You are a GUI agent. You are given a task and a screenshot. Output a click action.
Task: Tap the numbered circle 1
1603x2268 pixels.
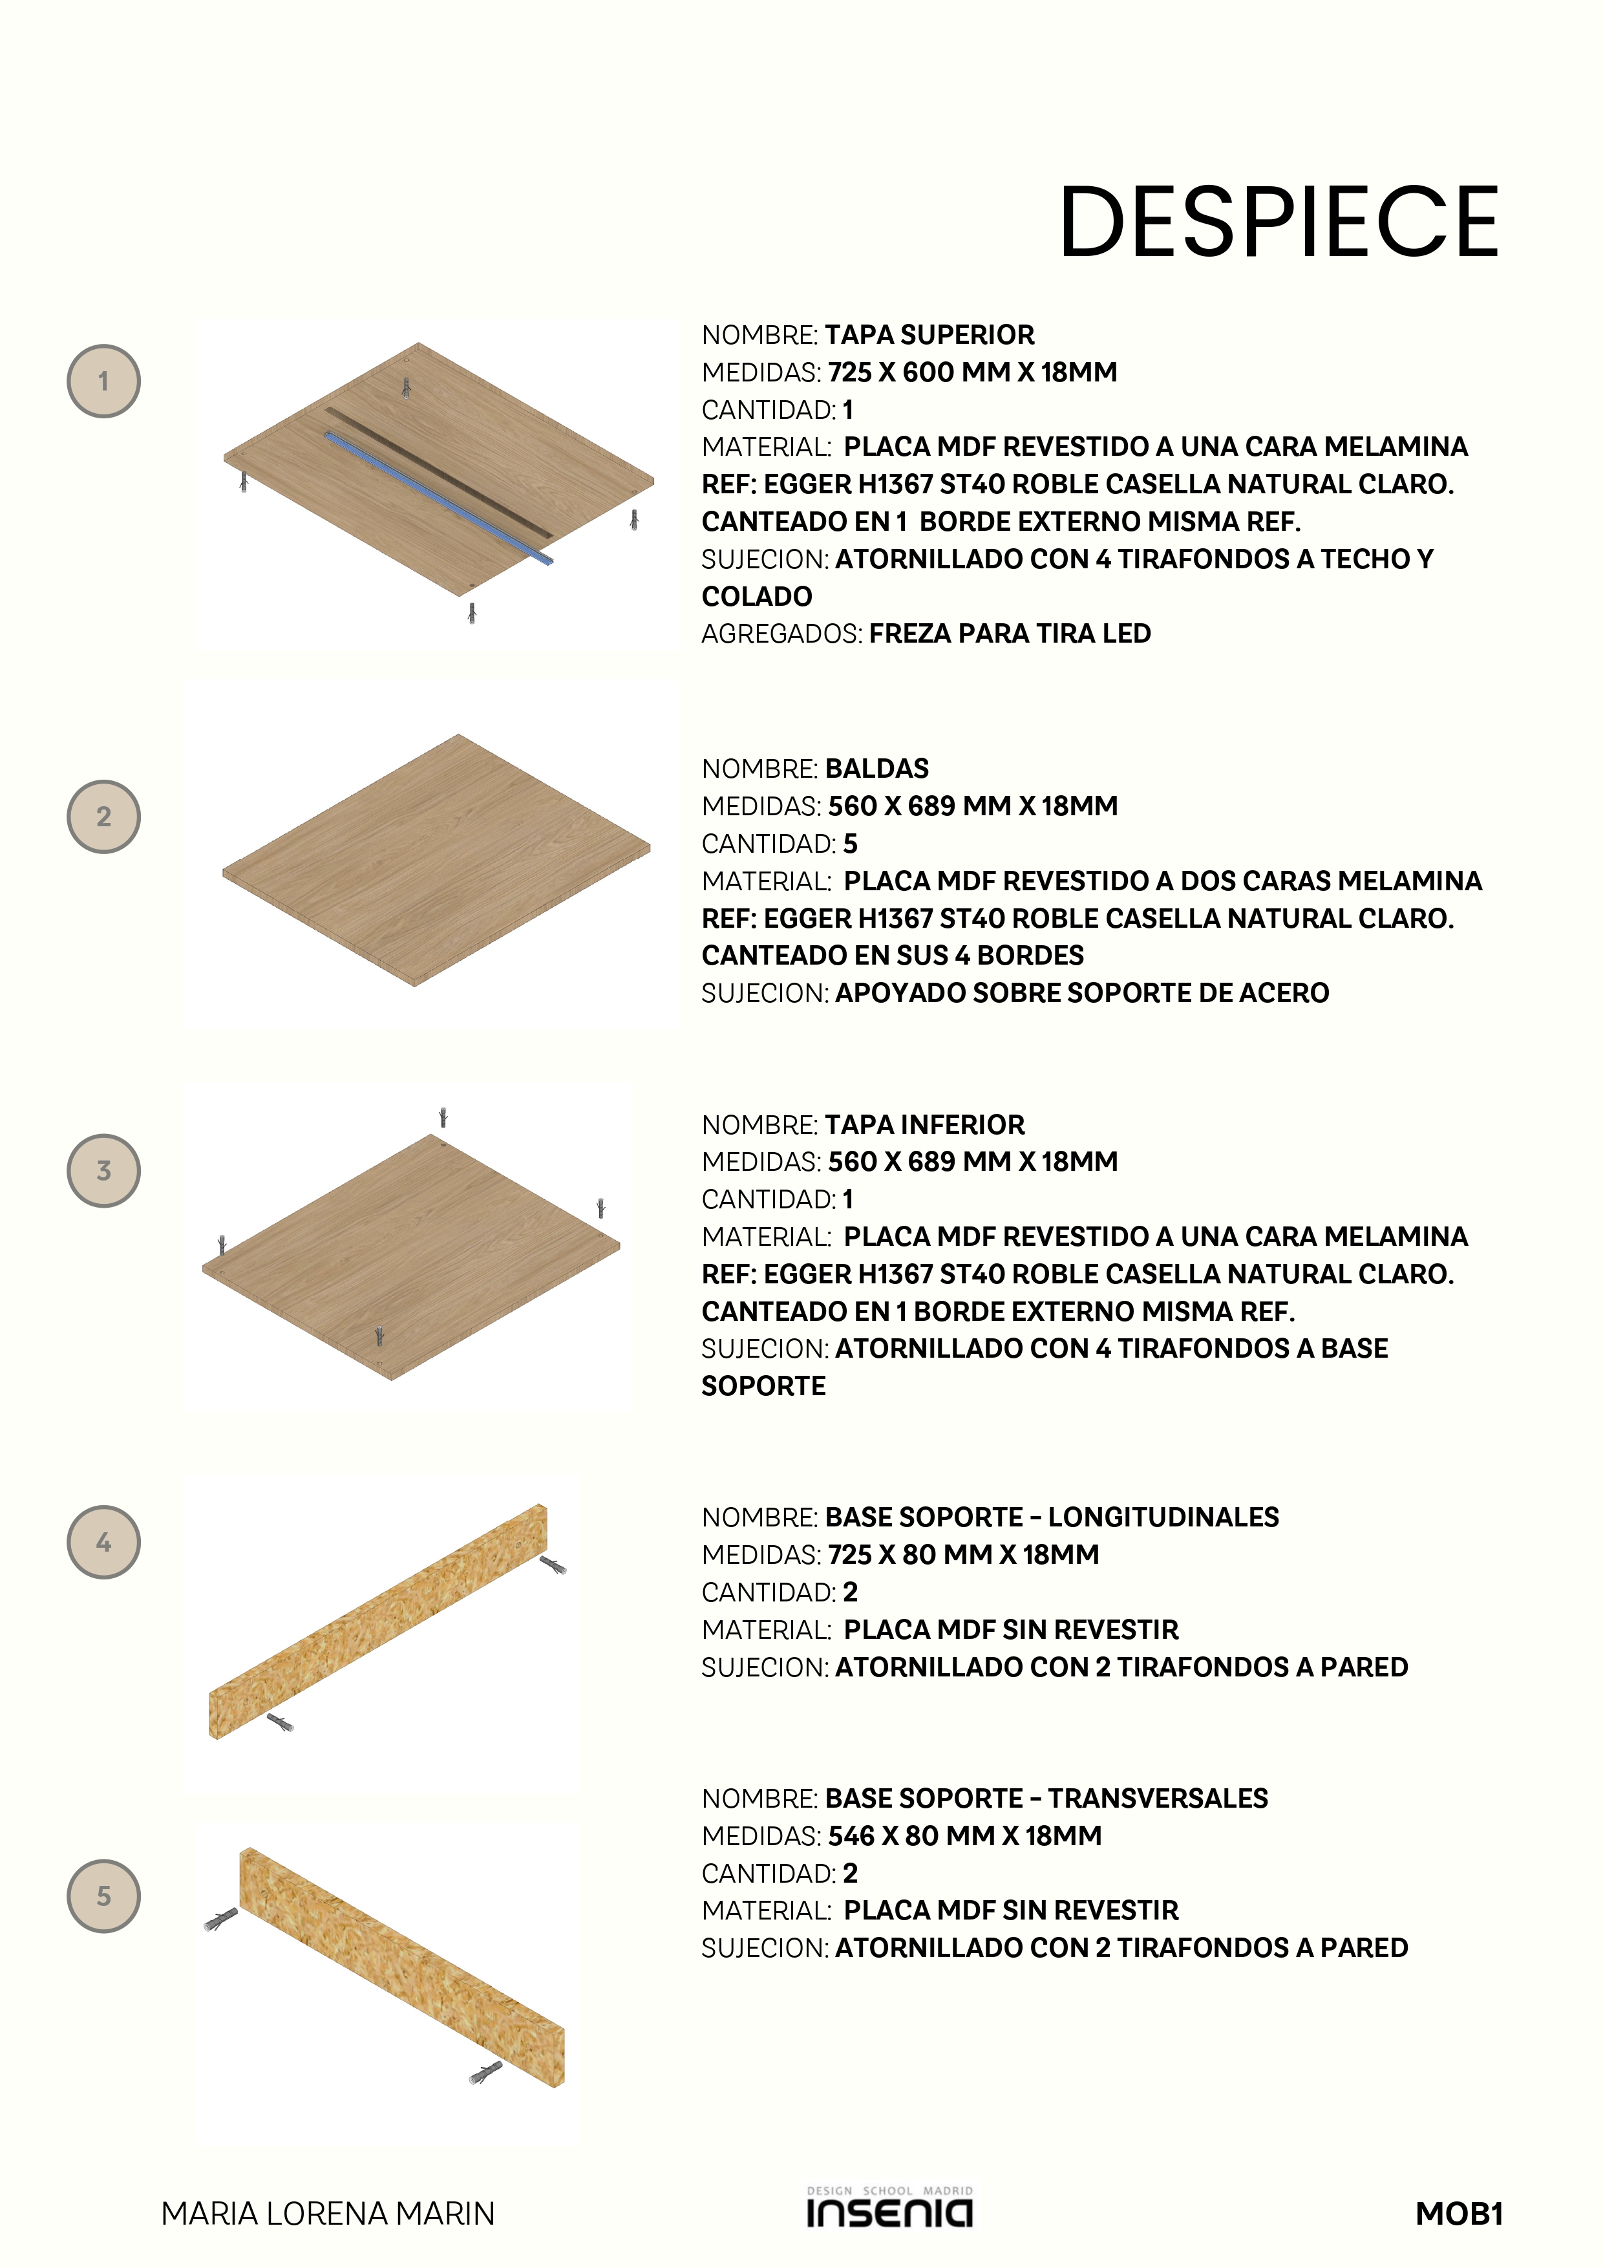coord(103,381)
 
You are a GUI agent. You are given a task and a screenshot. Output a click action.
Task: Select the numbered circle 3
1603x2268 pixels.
coord(103,1171)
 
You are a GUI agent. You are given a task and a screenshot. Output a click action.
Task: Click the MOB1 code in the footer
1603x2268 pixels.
coord(1459,2214)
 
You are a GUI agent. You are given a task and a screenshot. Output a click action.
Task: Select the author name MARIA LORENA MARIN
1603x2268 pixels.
coord(328,2214)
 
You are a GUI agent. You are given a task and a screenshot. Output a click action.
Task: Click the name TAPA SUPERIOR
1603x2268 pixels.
coord(929,335)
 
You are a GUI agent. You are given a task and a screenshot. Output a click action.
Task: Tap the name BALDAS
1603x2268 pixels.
coord(877,769)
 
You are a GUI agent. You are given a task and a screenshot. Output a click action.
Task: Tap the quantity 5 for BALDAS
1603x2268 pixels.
coord(851,844)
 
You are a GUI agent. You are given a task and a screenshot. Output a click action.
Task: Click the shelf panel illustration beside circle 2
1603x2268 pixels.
coord(436,859)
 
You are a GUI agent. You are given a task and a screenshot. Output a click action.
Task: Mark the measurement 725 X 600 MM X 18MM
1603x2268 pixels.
coord(972,372)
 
